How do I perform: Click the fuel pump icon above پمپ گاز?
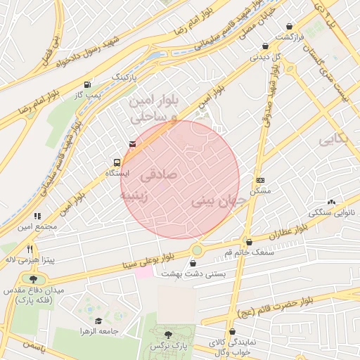click(x=87, y=84)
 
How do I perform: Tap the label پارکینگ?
click(x=126, y=75)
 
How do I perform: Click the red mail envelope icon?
click(x=132, y=144)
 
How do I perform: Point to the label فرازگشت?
click(x=288, y=37)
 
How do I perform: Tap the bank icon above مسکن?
click(x=261, y=181)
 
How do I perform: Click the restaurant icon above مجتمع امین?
click(x=37, y=216)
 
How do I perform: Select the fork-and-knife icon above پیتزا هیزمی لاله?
click(x=30, y=249)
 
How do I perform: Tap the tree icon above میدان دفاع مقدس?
click(x=33, y=279)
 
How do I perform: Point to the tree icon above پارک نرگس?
click(x=167, y=335)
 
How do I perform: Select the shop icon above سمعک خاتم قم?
click(x=248, y=242)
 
